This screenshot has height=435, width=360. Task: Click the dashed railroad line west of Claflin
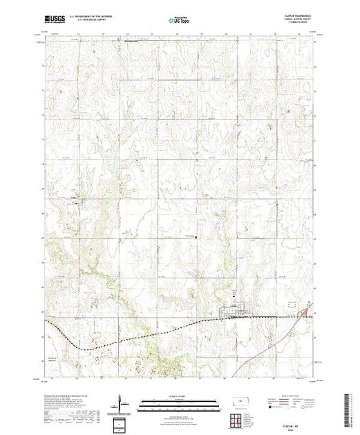(x=138, y=336)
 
